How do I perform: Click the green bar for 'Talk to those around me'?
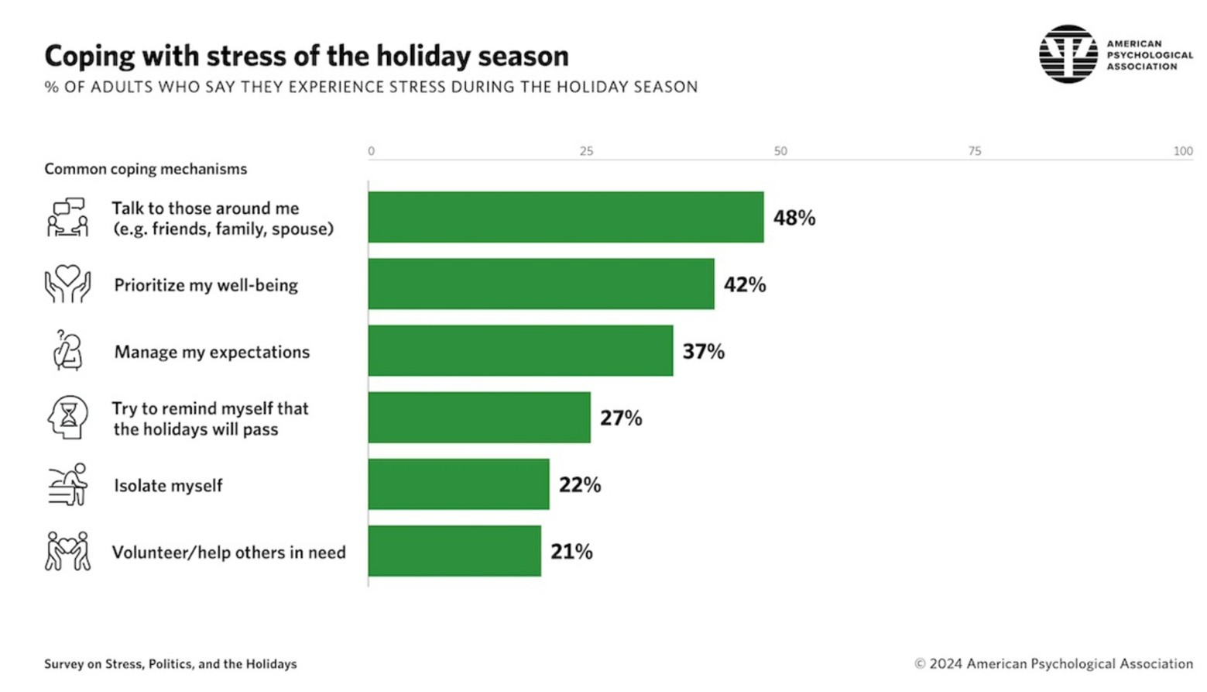565,217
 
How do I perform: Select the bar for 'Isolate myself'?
458,484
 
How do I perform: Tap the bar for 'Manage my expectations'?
520,351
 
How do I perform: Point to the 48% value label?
794,218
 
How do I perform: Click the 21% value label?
571,552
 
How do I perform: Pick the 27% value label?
621,418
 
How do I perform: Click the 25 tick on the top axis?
586,151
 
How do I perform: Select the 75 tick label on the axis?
974,151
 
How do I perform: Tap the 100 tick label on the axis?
1182,151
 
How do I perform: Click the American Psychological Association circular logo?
1068,54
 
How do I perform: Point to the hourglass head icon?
68,418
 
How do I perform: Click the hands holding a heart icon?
67,284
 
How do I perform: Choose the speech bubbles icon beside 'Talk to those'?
67,217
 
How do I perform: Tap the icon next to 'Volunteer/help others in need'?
67,551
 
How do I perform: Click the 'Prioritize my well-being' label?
206,285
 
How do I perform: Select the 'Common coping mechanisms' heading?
146,169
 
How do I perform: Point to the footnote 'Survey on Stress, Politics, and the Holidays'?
170,664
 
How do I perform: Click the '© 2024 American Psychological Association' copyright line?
1054,664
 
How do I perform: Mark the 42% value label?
745,284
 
